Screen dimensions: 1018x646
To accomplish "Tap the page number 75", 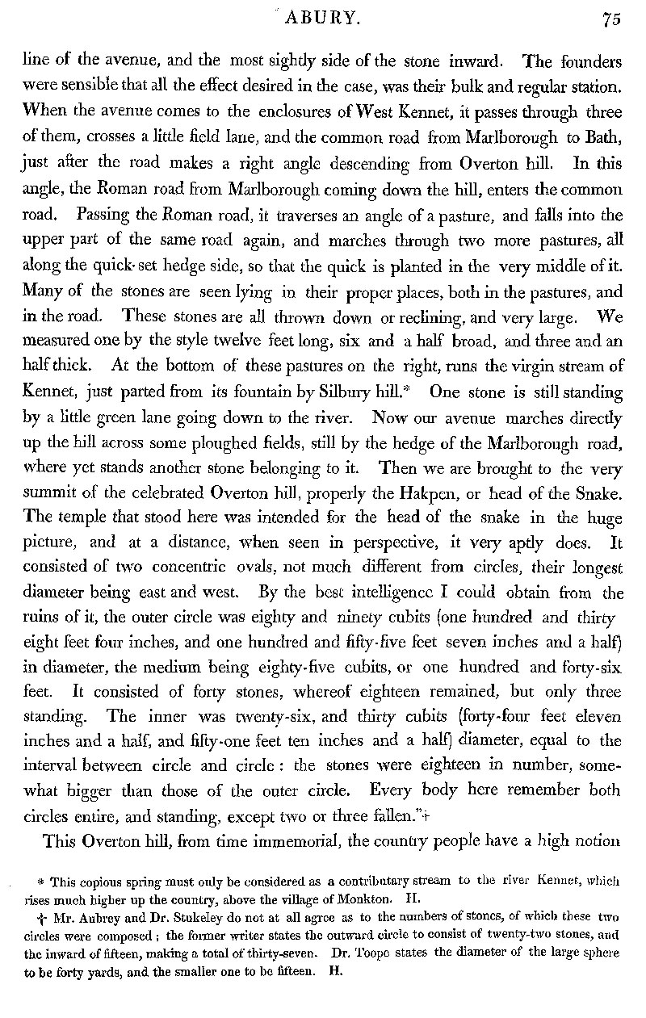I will pos(610,22).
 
